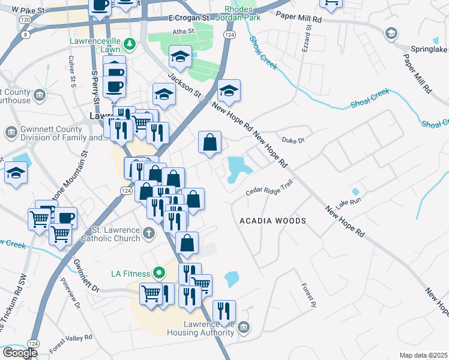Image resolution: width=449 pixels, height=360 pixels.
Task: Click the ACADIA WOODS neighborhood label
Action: coord(273,221)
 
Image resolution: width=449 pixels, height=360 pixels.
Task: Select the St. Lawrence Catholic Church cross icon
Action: coord(149,231)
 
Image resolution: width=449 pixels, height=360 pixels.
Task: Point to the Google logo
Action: coord(20,353)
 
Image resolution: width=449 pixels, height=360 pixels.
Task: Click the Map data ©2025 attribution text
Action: coord(423,355)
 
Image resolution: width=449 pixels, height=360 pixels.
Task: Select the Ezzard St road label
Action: coord(307,35)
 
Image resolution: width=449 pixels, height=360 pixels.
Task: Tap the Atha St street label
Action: coord(184,31)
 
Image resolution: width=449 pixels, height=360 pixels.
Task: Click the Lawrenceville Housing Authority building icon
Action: coord(243,327)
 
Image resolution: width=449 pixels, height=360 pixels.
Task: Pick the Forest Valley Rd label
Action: coord(71,344)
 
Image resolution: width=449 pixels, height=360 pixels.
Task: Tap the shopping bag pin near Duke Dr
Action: coord(210,143)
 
